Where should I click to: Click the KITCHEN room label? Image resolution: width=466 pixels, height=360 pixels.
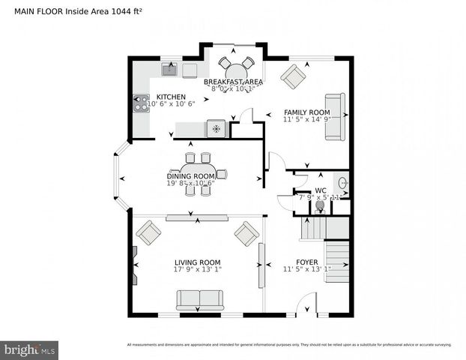coord(170,97)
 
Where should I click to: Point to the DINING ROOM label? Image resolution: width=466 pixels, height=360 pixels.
coord(190,175)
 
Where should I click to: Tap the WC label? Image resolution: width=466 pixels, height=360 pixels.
coord(320,190)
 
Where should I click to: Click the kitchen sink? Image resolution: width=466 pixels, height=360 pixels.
coord(169,70)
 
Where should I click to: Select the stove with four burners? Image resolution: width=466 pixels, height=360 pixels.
coord(141,103)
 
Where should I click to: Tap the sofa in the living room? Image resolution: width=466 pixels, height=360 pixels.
coord(199,299)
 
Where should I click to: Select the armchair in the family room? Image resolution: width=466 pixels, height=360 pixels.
coord(293,76)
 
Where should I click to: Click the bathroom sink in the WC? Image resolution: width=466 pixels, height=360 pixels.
coord(342,182)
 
